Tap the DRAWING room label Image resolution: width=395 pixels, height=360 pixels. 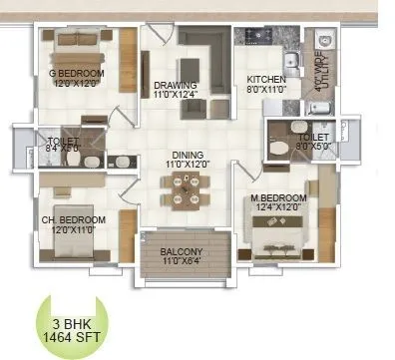(176, 86)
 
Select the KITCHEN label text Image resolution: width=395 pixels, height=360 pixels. (267, 80)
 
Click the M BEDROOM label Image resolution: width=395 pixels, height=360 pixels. (279, 199)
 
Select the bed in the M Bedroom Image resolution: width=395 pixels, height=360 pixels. (282, 237)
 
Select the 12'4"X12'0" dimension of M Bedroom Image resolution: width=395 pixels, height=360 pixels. (279, 209)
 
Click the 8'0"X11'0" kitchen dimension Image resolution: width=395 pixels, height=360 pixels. (267, 90)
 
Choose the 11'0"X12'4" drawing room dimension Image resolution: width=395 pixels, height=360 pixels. (177, 96)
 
